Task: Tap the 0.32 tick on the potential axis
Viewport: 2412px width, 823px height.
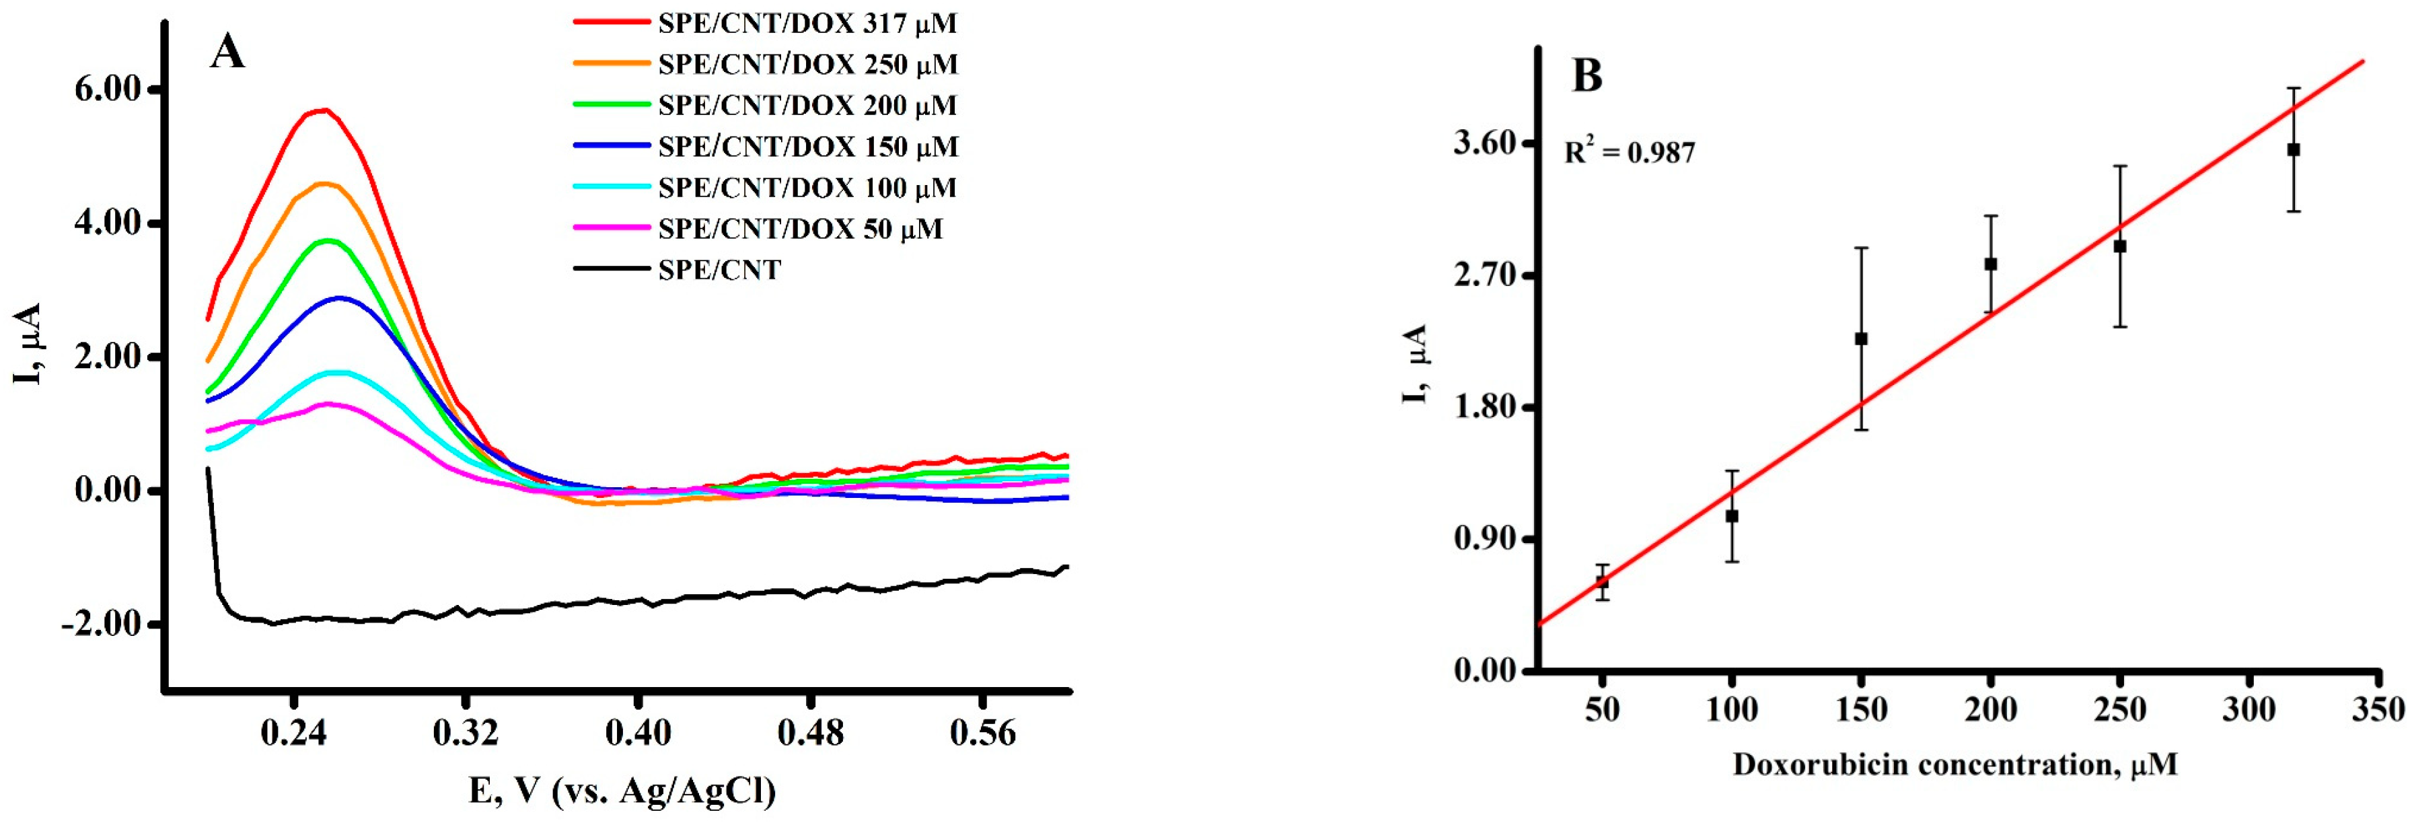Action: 466,733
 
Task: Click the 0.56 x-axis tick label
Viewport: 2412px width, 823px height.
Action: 982,733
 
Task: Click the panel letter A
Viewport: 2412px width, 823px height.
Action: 227,52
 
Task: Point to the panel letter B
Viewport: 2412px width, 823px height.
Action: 1587,75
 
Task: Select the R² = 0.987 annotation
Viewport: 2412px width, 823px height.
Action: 1630,151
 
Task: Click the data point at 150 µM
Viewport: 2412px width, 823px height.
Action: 1862,339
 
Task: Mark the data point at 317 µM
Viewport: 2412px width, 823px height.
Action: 2293,150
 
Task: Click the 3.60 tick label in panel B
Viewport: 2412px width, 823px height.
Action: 1485,143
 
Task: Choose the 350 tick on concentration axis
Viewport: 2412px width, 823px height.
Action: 2378,710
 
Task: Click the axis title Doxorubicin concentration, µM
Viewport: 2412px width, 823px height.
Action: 1955,765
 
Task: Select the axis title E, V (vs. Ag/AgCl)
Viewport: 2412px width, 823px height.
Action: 622,791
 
